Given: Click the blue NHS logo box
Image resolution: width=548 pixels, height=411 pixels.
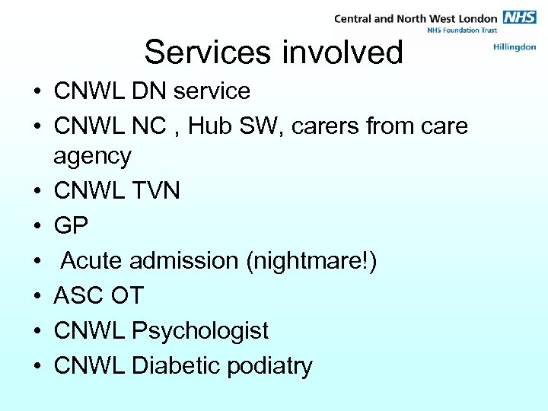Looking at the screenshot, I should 518,18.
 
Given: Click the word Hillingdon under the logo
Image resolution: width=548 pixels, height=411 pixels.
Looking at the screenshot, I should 515,47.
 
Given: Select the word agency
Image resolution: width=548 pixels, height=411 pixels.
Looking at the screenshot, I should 92,158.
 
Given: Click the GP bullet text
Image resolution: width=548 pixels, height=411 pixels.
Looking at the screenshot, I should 71,225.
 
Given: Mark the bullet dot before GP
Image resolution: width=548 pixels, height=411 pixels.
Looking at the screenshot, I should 37,226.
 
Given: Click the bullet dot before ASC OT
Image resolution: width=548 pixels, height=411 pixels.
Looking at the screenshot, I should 37,296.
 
